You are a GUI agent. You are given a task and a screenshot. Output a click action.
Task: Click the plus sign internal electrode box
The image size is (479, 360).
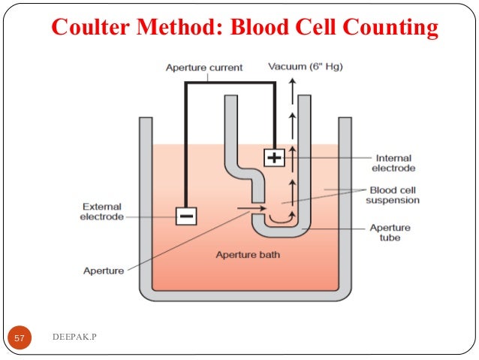coord(274,158)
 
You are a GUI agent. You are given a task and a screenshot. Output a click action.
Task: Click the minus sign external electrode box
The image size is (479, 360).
coord(185,216)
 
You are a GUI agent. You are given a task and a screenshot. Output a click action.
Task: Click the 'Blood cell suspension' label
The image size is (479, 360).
coord(392,195)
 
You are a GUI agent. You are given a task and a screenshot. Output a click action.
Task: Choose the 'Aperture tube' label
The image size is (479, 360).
coord(390,233)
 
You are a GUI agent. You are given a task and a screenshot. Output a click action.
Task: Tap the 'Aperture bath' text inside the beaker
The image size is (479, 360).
coord(248,255)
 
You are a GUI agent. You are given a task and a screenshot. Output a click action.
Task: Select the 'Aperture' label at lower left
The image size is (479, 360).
coord(103,271)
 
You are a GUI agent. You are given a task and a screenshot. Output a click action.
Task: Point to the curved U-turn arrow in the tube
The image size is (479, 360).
coord(281,219)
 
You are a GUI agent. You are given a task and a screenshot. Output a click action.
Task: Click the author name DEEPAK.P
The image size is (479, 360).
coord(75,338)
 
